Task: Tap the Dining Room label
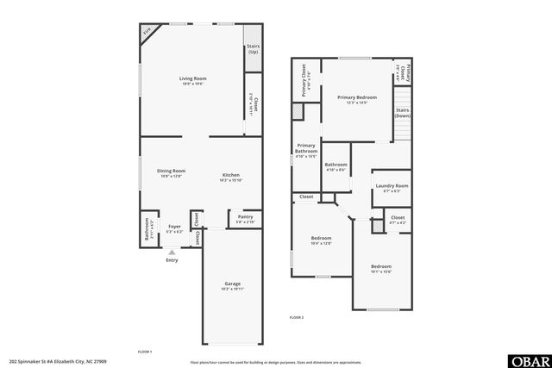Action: [x=170, y=171]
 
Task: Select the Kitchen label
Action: [x=230, y=175]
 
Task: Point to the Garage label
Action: [x=233, y=284]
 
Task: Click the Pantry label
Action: [x=245, y=217]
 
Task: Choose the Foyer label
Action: [x=174, y=227]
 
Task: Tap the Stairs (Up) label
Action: [x=253, y=50]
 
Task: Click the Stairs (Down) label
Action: [x=402, y=113]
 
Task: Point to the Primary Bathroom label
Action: [x=305, y=148]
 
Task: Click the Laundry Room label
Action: [x=391, y=185]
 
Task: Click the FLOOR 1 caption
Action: [x=145, y=352]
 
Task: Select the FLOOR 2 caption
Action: [x=296, y=318]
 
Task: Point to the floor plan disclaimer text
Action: [x=276, y=361]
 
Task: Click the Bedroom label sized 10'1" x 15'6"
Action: [x=381, y=268]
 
